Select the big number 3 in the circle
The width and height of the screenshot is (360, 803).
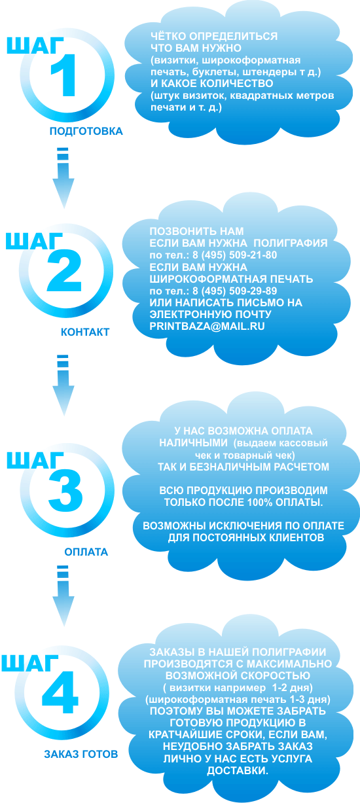click(65, 490)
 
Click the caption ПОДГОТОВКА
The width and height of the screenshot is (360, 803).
click(86, 131)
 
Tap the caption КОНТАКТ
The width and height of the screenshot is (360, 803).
click(85, 332)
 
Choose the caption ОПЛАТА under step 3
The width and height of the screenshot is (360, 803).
click(86, 552)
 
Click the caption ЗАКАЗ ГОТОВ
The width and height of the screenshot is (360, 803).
click(81, 755)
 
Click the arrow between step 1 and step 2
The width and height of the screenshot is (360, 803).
click(63, 177)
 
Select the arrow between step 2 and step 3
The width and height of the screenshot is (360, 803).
click(63, 385)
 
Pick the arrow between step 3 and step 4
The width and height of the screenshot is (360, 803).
click(63, 596)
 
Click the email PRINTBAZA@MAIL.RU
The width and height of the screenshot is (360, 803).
click(207, 326)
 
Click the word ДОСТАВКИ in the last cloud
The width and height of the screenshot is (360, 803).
click(238, 771)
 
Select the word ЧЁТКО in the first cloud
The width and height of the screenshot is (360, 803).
click(168, 36)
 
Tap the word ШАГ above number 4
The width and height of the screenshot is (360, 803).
click(29, 662)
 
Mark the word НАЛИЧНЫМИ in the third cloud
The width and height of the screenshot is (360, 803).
click(193, 442)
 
